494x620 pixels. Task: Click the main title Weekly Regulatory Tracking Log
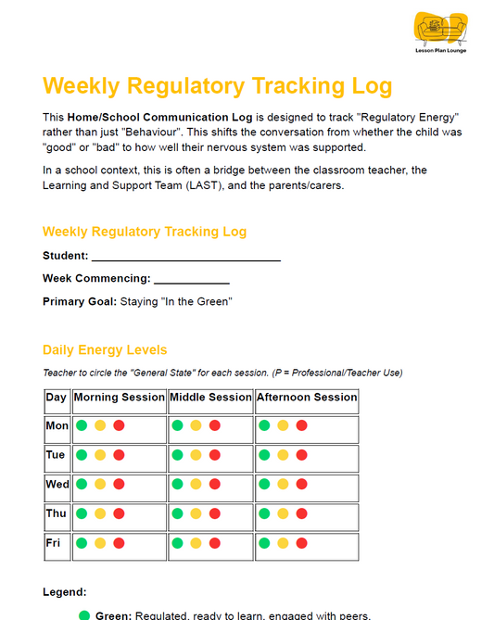(x=218, y=86)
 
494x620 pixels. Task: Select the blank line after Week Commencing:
(x=192, y=279)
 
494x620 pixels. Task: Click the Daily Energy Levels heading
(x=105, y=349)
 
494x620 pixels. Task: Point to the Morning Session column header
(x=119, y=398)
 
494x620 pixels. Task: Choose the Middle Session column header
(x=210, y=398)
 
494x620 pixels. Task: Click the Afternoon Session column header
(x=307, y=398)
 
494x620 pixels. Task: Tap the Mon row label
(x=57, y=426)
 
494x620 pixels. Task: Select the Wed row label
(x=57, y=485)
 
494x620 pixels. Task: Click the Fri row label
(x=54, y=543)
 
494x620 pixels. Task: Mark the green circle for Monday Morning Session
(x=82, y=426)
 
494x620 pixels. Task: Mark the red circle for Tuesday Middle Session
(x=215, y=456)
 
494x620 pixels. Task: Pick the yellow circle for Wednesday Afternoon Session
(x=283, y=485)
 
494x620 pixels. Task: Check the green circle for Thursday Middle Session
(x=177, y=513)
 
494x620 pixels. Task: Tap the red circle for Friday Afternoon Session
(x=301, y=543)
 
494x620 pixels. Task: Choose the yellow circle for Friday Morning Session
(x=100, y=543)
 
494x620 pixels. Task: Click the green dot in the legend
(x=84, y=615)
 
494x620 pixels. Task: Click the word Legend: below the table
(x=65, y=591)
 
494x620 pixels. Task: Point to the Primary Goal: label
(x=79, y=301)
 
